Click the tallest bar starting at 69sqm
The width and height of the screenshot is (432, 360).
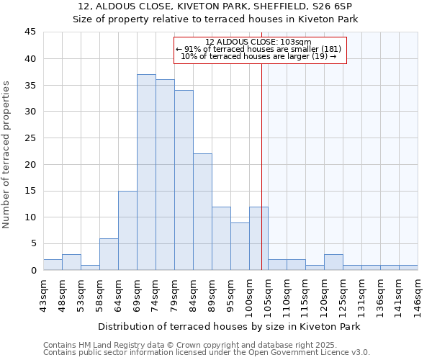coord(146,172)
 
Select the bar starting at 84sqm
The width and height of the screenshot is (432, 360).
coord(202,212)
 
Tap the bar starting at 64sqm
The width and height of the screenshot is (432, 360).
coord(127,230)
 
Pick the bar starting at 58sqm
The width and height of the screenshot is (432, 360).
coord(109,254)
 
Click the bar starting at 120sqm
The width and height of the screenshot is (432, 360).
coord(333,262)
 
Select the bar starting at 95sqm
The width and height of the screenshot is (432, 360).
coord(240,246)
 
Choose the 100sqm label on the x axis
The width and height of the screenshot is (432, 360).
coord(250,294)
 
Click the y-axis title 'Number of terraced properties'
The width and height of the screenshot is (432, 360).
coord(7,155)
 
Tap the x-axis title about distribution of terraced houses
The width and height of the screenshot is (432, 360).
coord(229,326)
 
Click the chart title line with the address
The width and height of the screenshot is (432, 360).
coord(215,6)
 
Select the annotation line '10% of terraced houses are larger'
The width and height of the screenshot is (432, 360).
coord(258,56)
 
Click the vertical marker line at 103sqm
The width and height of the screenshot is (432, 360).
coord(261,158)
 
